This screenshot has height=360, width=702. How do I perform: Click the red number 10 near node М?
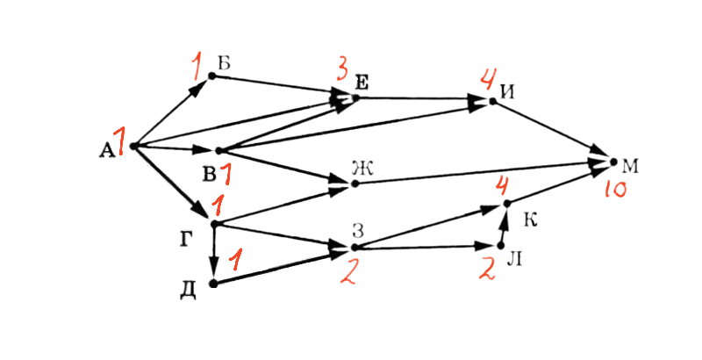616,191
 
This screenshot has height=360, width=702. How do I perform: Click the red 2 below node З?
347,272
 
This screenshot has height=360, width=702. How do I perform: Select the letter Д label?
188,291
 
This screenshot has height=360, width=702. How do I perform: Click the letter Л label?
514,260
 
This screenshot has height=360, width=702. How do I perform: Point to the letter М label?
630,167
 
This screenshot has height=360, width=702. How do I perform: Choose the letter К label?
530,220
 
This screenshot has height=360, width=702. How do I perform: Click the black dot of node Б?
212,76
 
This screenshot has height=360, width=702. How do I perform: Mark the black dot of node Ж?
355,184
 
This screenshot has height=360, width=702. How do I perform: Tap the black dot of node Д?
213,284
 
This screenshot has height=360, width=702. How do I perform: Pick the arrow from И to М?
553,131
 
